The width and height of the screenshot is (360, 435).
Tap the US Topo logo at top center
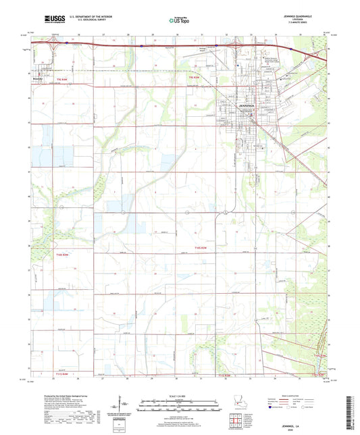point(179,21)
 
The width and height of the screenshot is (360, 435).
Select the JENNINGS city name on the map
point(232,106)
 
